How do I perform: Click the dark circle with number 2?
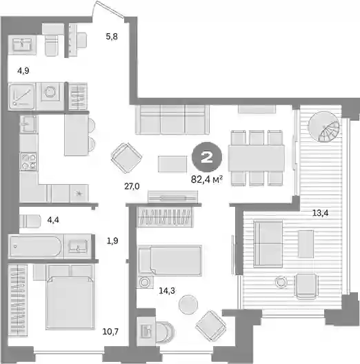[x=207, y=157]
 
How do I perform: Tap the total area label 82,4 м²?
[x=207, y=179]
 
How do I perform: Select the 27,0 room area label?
[x=132, y=186]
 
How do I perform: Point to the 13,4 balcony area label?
[x=320, y=213]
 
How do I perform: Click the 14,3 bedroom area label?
[x=167, y=290]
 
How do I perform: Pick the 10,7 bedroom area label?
[x=110, y=332]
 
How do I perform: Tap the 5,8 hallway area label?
[x=112, y=37]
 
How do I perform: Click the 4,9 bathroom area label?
[x=23, y=70]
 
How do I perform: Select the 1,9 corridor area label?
[x=112, y=241]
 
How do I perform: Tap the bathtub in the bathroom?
[x=36, y=247]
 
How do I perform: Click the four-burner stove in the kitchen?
[x=29, y=161]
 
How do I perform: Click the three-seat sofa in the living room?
[x=172, y=119]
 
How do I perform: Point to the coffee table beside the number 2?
[x=172, y=164]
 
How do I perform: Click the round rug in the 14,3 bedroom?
[x=188, y=305]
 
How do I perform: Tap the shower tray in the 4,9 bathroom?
[x=22, y=97]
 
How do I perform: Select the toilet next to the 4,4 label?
[x=30, y=221]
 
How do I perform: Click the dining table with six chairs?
[x=257, y=158]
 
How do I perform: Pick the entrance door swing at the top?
[x=108, y=9]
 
